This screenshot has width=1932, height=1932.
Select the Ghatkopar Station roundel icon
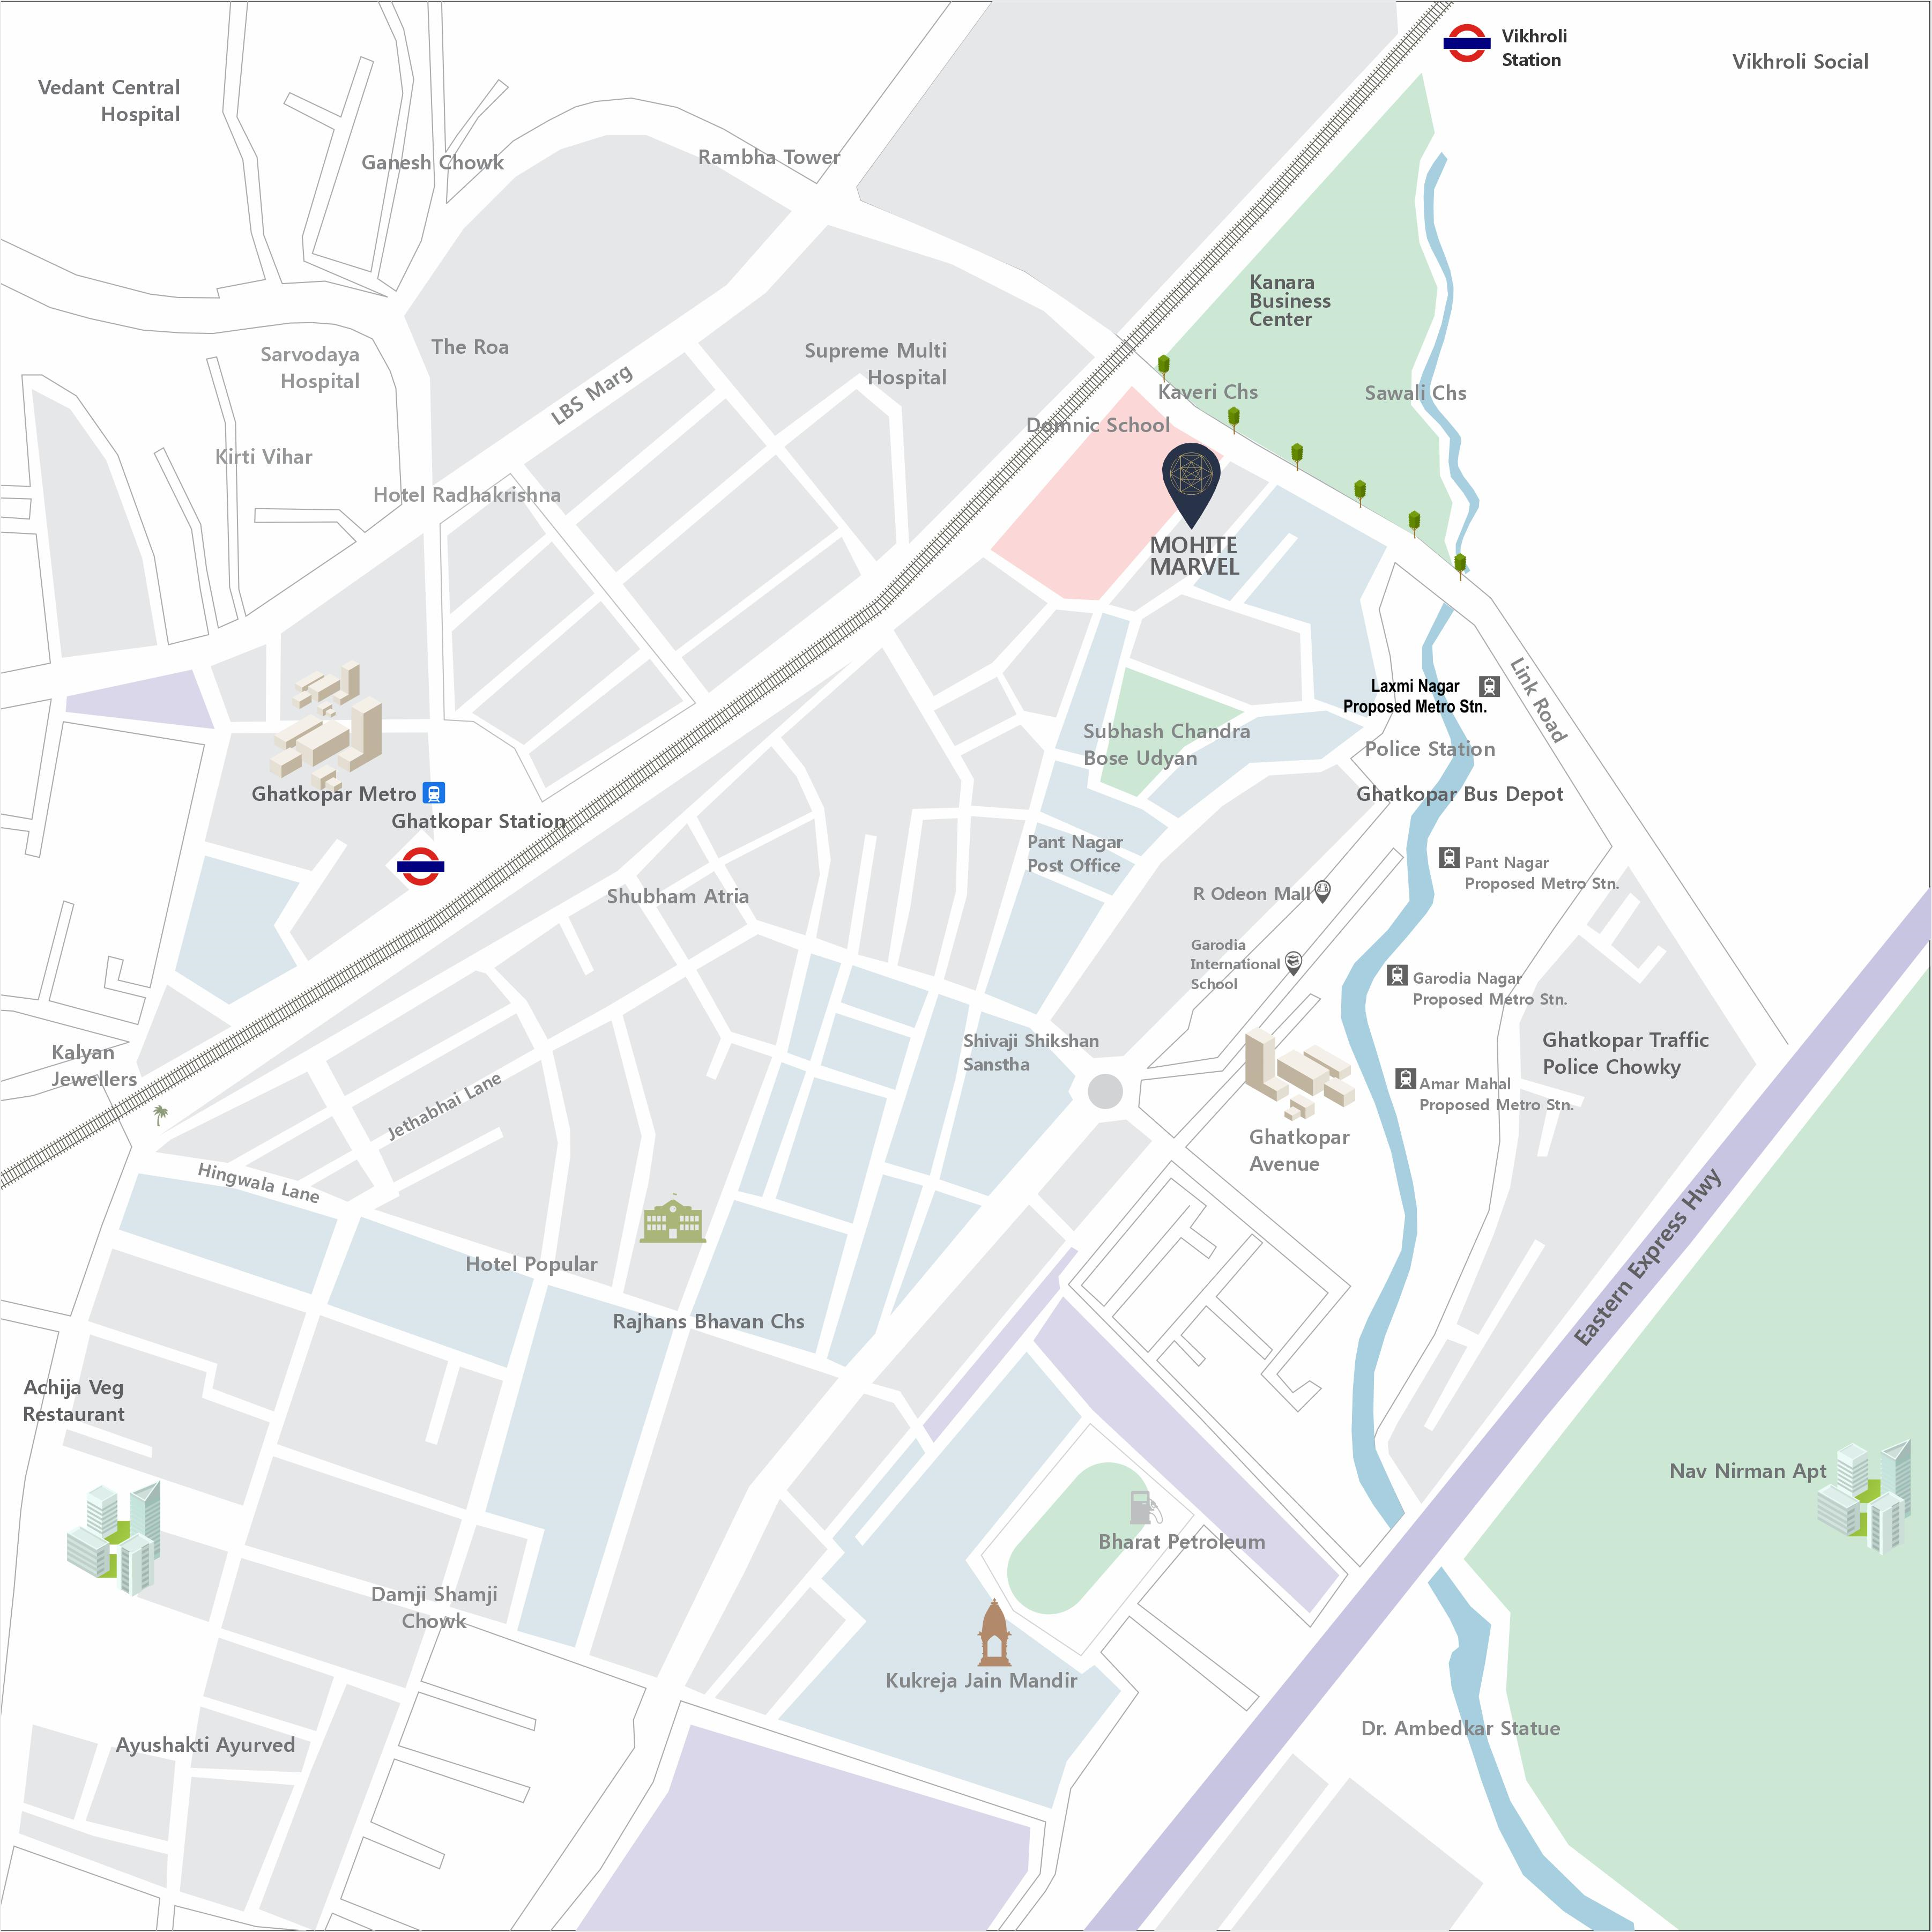point(420,866)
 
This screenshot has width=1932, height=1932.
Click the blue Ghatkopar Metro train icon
point(433,793)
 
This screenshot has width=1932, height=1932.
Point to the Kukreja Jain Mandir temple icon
point(993,1633)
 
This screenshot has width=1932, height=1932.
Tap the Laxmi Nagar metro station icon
point(1489,686)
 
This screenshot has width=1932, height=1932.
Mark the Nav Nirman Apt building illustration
point(1863,1497)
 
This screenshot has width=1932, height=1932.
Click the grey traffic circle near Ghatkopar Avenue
point(1105,1091)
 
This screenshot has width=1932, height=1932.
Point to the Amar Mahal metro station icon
point(1405,1078)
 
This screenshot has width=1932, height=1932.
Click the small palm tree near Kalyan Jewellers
point(160,1114)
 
